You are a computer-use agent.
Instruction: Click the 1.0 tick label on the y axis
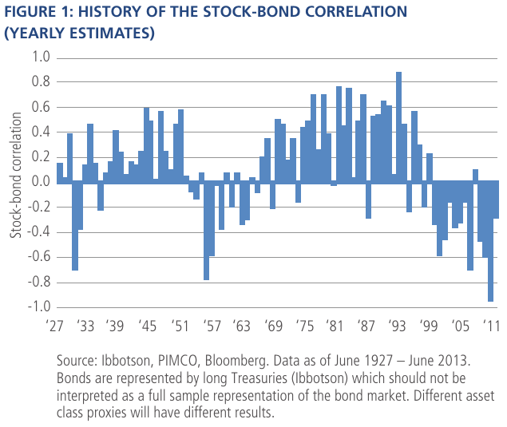pyautogui.click(x=39, y=57)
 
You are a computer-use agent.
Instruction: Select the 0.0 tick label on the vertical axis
pyautogui.click(x=39, y=182)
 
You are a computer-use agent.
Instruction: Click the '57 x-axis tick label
pyautogui.click(x=213, y=326)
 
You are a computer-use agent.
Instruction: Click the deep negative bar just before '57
pyautogui.click(x=206, y=231)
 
